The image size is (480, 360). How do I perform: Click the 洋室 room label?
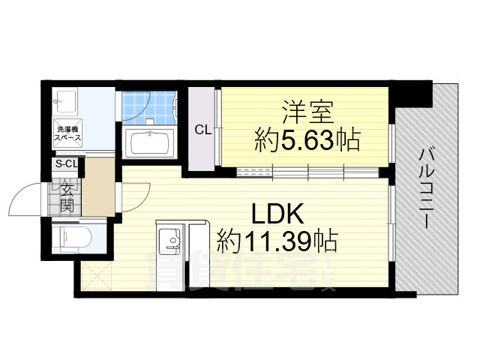pyautogui.click(x=303, y=111)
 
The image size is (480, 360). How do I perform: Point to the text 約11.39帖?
pyautogui.click(x=277, y=241)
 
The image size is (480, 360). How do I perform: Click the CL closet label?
pyautogui.click(x=202, y=130)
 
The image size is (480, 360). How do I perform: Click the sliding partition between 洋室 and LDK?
pyautogui.click(x=307, y=172)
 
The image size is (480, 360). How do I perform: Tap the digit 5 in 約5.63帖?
pyautogui.click(x=292, y=140)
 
